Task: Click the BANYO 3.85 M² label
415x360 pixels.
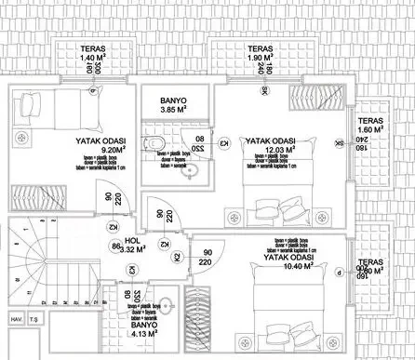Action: (173, 105)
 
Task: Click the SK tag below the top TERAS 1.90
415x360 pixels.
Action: (265, 91)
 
